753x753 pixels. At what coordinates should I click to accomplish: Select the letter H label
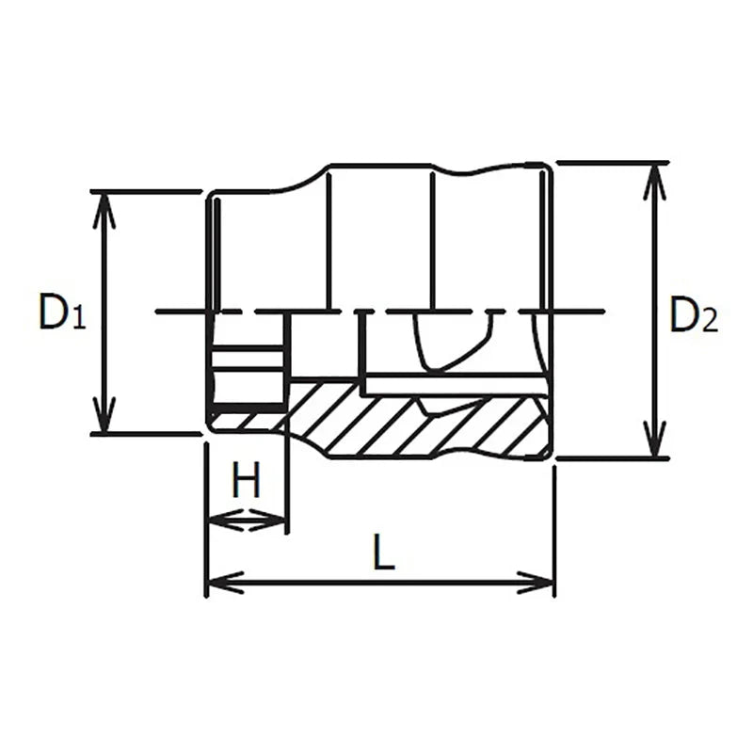coord(246,483)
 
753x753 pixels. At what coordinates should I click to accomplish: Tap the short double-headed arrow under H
coord(246,520)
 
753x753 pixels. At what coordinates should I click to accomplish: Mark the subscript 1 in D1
coord(79,321)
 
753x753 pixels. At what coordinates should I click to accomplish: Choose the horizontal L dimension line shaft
coord(380,584)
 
